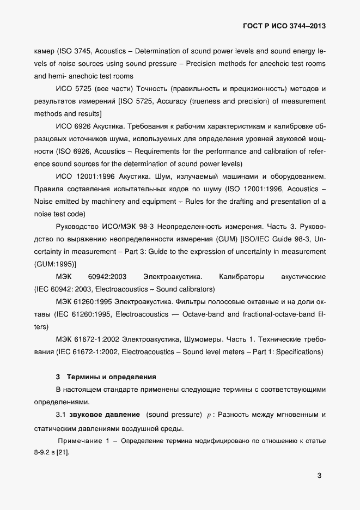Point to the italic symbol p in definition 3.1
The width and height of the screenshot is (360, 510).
coord(209,415)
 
